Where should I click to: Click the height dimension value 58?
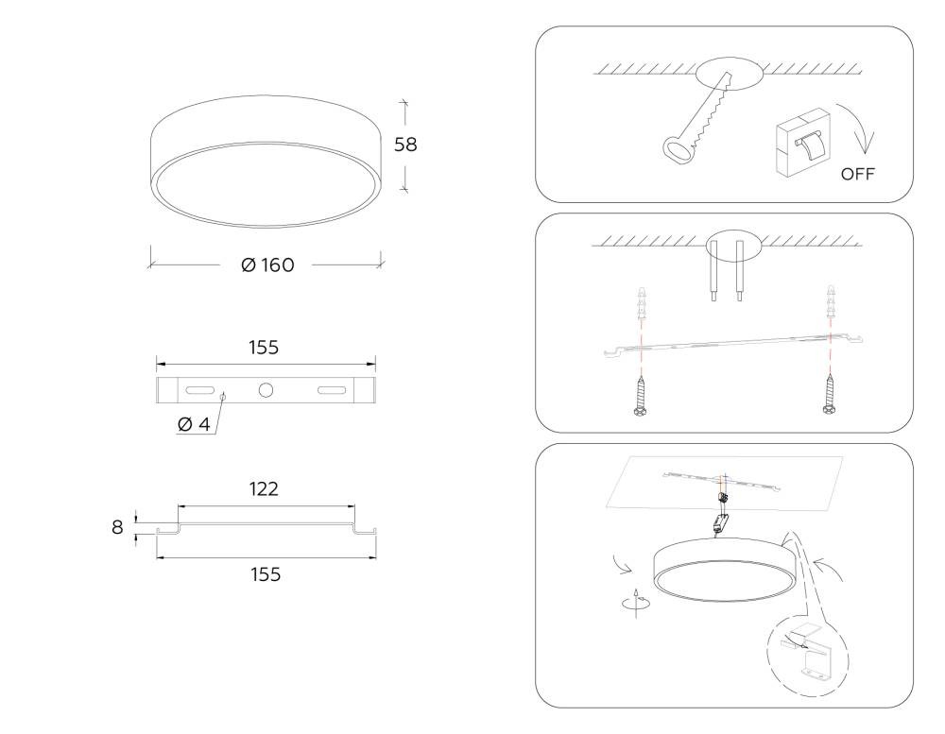(405, 145)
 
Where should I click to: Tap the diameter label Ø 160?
(267, 265)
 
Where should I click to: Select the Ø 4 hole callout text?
(194, 424)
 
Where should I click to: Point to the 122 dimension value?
(264, 488)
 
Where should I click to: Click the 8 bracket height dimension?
(117, 527)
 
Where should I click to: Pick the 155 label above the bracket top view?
(264, 348)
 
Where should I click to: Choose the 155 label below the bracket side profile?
(266, 575)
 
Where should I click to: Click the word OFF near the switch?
(857, 174)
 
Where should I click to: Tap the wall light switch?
(802, 143)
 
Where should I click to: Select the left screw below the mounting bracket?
(641, 395)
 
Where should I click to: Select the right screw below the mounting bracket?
(830, 395)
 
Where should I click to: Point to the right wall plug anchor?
(832, 303)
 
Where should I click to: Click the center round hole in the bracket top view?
(266, 390)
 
